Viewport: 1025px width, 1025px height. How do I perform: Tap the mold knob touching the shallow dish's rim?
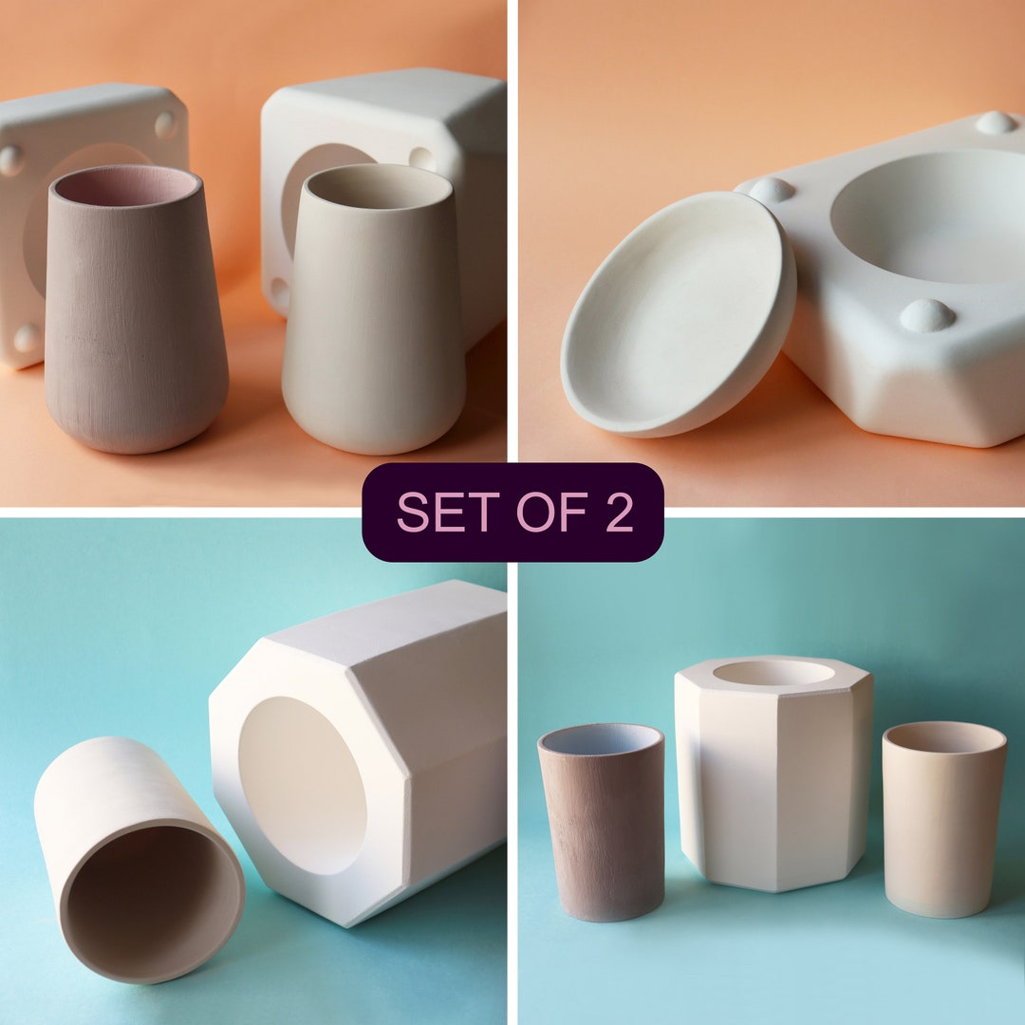tap(770, 190)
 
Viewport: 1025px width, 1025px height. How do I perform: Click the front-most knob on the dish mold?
tap(926, 315)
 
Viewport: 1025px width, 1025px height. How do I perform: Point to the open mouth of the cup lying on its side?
tap(152, 902)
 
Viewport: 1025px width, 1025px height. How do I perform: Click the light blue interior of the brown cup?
tap(600, 740)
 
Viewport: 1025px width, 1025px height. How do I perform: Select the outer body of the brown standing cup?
tap(602, 835)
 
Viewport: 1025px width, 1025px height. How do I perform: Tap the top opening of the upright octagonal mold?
tap(773, 673)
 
